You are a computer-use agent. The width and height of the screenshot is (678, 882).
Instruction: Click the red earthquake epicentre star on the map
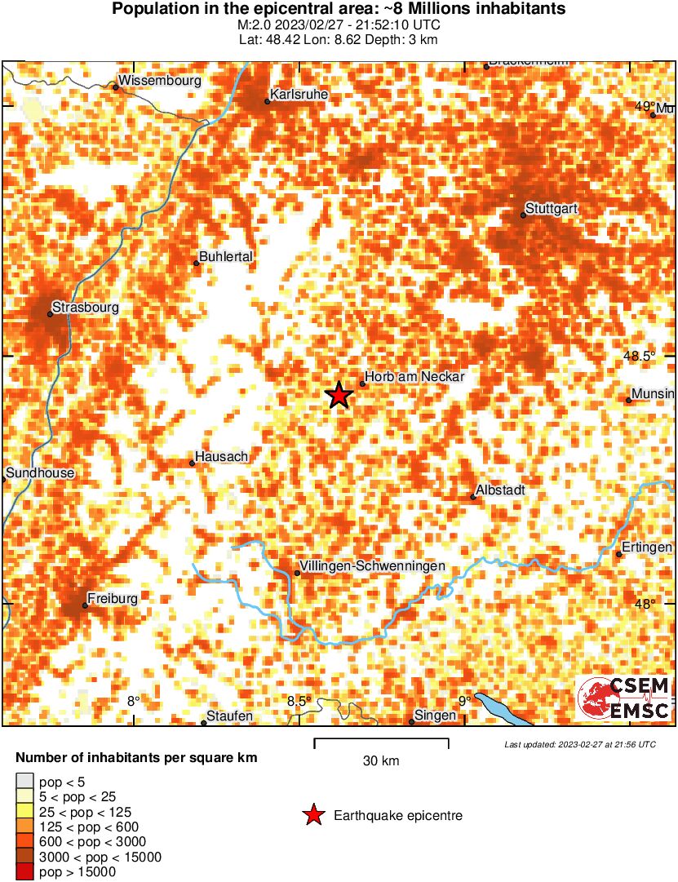coord(339,396)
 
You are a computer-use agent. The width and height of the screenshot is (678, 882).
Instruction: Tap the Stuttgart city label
coord(552,209)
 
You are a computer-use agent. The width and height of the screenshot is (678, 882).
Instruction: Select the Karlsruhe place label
coord(299,95)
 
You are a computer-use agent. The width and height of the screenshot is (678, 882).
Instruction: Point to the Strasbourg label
coord(85,308)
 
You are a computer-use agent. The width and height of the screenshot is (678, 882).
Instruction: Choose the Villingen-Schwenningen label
coord(372,566)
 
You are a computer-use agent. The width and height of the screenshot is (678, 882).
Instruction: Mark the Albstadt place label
coord(502,490)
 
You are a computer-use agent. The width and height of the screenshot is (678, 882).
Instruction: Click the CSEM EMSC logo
coord(623,698)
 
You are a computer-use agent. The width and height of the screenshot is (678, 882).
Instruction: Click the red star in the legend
coord(312,815)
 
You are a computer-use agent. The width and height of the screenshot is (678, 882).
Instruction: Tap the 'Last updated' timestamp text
coord(579,744)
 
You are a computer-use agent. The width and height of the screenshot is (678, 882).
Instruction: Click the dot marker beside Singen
coord(411,721)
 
